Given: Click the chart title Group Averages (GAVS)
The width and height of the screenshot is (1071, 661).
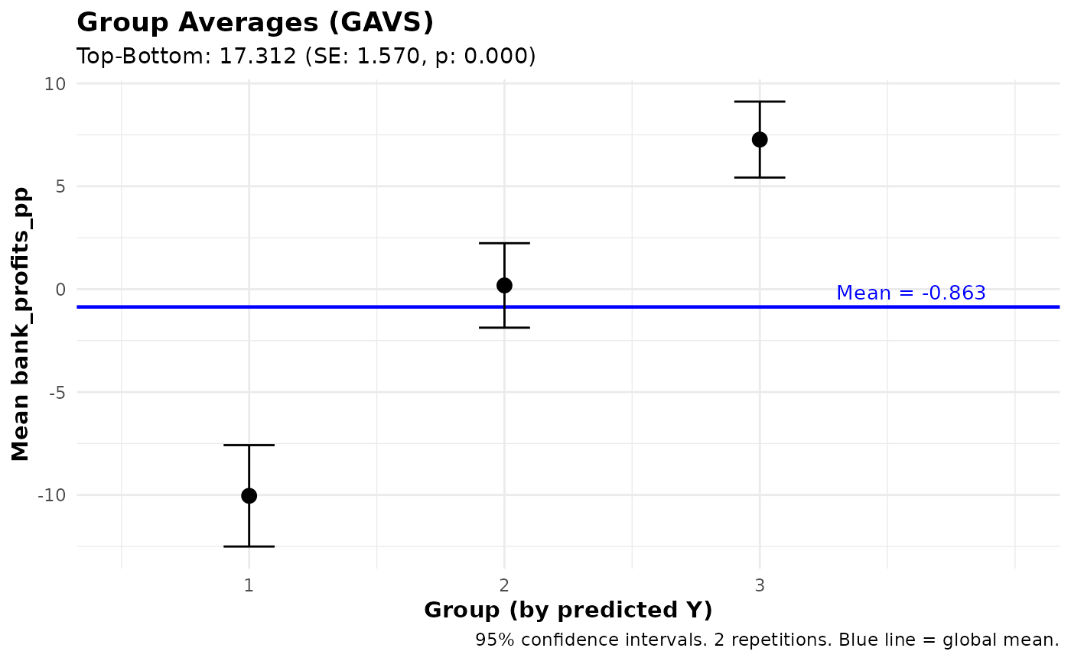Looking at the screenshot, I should click(255, 22).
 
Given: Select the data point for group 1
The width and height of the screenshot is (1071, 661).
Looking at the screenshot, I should click(249, 496).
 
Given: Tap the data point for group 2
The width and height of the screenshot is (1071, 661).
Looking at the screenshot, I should click(504, 285).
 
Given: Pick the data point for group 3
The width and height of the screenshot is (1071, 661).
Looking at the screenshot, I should click(760, 139).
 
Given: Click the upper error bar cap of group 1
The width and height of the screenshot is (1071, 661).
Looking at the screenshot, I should click(249, 445).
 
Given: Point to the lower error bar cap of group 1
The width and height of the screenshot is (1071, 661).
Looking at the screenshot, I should click(249, 546).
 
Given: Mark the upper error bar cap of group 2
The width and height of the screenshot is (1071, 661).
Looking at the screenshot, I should click(504, 243).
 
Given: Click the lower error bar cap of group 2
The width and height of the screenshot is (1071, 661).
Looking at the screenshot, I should click(504, 327).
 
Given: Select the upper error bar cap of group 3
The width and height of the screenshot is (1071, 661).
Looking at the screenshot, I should click(760, 101).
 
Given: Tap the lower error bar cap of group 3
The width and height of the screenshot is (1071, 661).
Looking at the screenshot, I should click(760, 177).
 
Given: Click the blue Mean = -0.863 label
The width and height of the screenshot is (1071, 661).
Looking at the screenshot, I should click(910, 293).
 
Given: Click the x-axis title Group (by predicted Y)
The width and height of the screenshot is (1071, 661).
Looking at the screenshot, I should click(568, 611).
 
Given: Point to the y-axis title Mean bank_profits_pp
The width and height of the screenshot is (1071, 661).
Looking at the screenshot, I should click(21, 324).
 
